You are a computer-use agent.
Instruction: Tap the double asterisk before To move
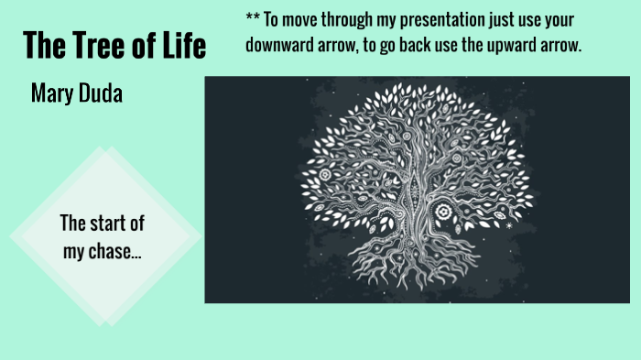click(x=253, y=19)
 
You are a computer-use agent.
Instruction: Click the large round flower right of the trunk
click(x=446, y=212)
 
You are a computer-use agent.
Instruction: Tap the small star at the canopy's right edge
click(x=509, y=224)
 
